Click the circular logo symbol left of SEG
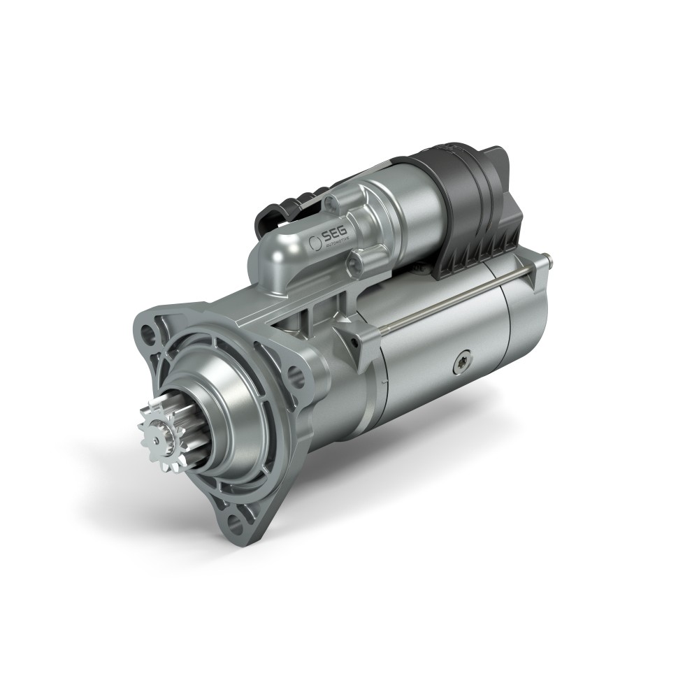point(315,241)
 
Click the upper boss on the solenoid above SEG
point(334,205)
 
